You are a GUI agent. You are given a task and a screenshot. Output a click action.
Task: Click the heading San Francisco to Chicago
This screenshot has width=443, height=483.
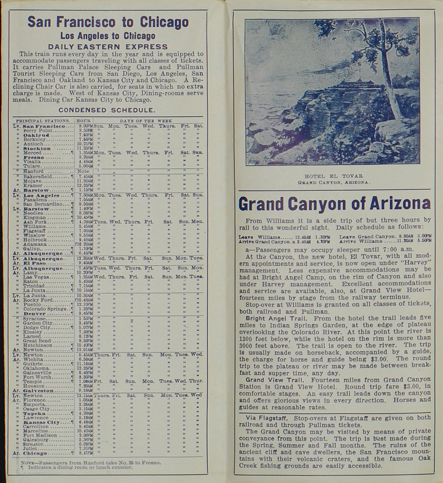[108, 22]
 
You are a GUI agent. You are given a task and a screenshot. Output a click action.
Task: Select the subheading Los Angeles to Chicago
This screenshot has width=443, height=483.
[108, 36]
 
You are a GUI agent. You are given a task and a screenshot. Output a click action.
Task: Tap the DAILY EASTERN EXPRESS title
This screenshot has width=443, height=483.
[108, 47]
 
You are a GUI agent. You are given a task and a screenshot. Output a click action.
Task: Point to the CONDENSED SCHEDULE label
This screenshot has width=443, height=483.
[107, 110]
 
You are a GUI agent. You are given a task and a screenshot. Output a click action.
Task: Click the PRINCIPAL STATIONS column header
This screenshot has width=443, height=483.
[43, 121]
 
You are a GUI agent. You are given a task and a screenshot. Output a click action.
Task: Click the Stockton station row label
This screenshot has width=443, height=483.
[37, 148]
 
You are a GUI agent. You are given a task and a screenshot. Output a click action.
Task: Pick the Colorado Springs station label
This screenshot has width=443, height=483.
[43, 309]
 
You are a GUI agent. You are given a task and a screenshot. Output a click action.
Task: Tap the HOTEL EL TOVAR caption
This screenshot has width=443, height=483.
[334, 176]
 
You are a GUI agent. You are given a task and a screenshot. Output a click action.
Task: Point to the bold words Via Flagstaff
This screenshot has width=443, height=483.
[269, 418]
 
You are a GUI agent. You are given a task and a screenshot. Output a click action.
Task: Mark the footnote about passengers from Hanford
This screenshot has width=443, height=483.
[91, 462]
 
